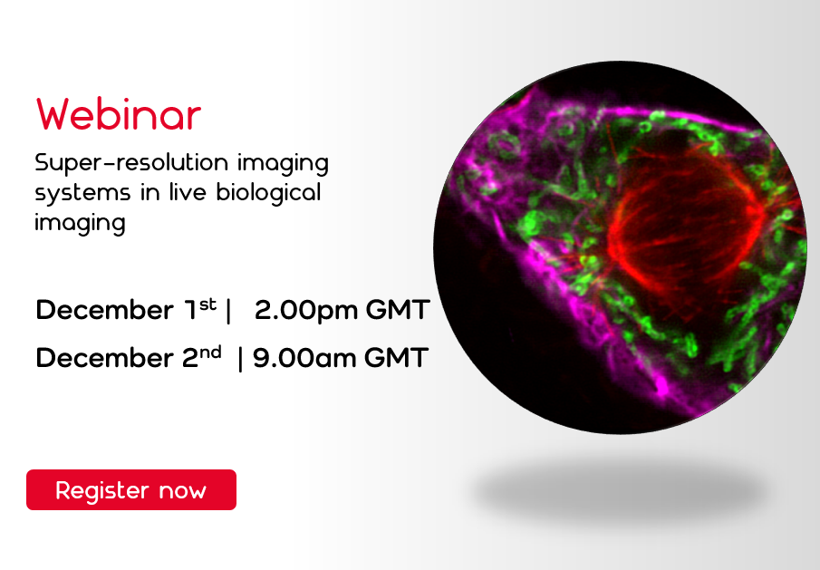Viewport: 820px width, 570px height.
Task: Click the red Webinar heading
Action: tap(119, 115)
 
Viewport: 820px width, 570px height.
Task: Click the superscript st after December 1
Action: tap(207, 304)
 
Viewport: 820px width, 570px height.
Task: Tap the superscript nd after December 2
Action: tap(211, 351)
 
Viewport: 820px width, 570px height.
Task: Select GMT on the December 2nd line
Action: tap(396, 358)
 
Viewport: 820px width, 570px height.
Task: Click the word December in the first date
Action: tap(99, 311)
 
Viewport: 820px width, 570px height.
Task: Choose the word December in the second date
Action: tap(99, 358)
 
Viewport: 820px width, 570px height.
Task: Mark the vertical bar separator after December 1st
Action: tap(229, 311)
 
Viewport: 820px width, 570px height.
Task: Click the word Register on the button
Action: tap(101, 491)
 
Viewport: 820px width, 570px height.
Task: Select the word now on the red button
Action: tap(183, 491)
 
